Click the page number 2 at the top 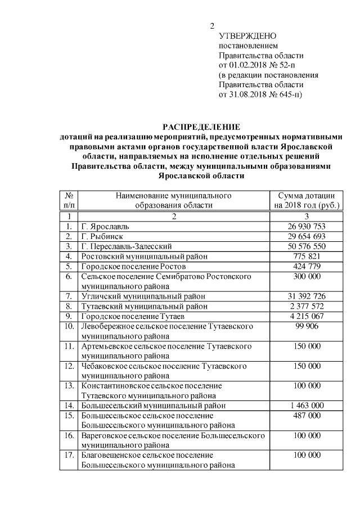212,26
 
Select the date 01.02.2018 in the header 250,65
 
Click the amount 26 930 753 307,226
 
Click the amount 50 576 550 307,246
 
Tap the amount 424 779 307,266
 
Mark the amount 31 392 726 307,296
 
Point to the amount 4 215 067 307,316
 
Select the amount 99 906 307,326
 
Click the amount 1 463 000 307,405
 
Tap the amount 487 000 307,415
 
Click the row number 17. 70,454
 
